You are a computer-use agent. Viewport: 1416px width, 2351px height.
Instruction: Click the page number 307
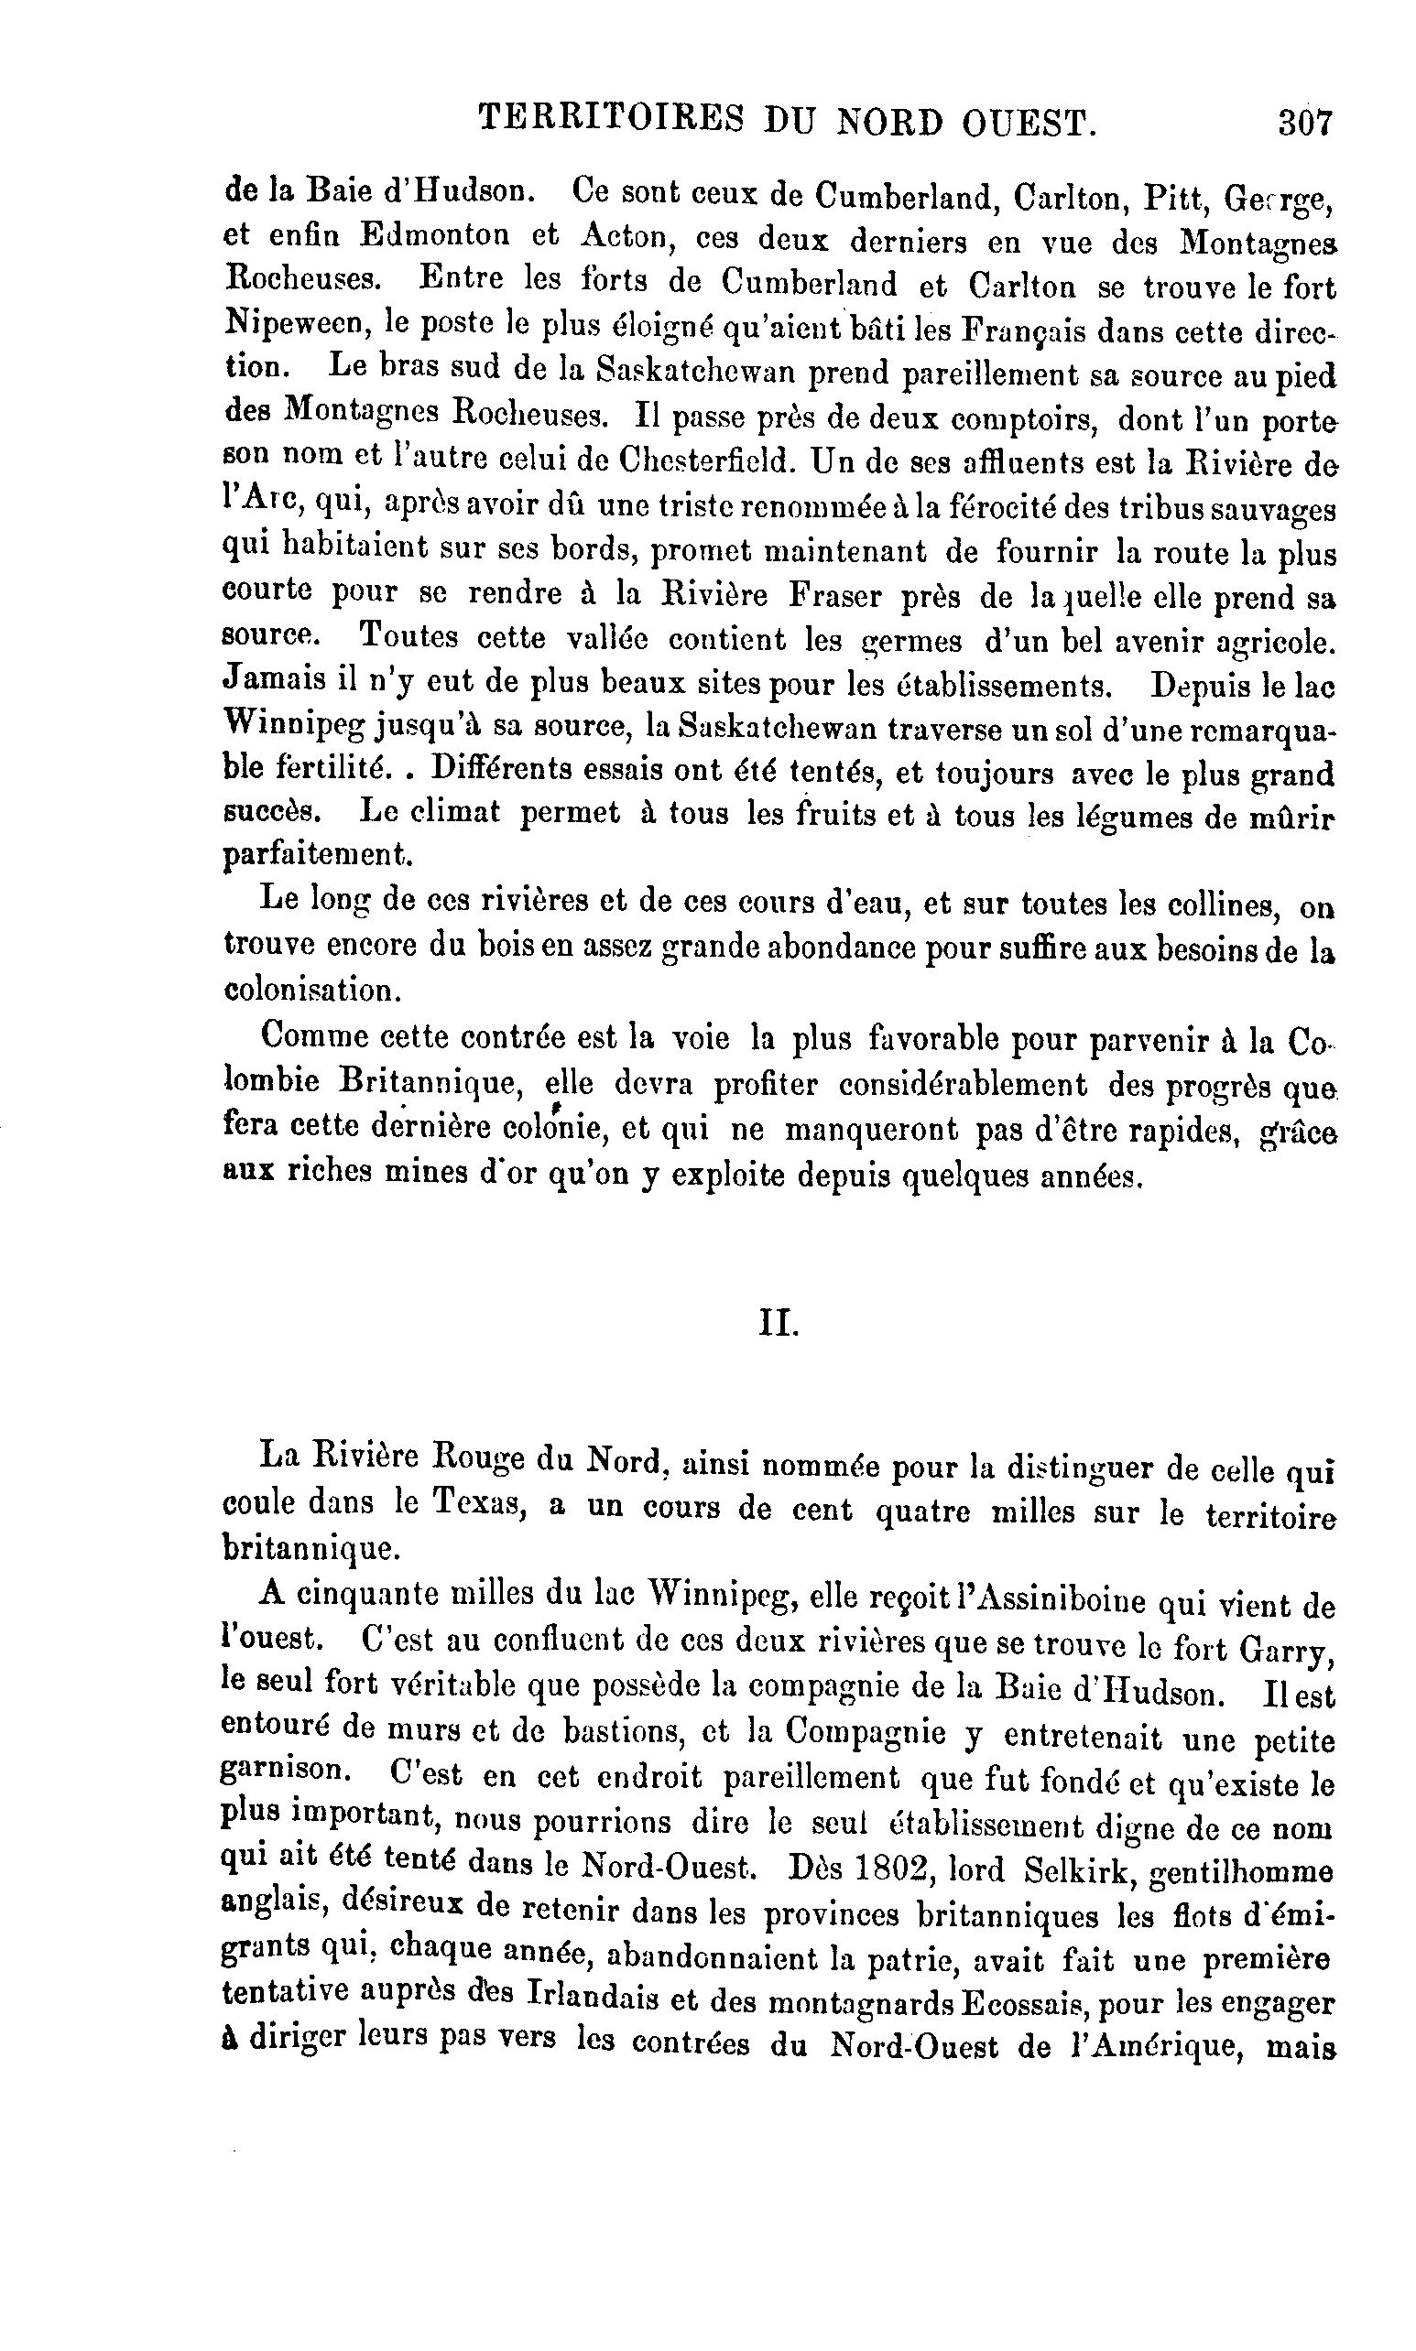point(1304,123)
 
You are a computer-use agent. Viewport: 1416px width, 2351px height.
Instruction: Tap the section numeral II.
point(778,1325)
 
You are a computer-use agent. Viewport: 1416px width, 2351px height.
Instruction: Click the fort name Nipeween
point(295,323)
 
